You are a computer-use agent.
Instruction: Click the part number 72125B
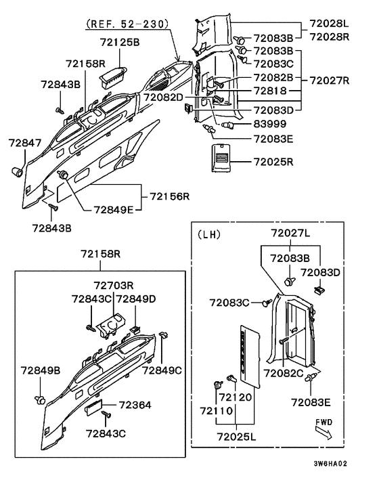(120, 42)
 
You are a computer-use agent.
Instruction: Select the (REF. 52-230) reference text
(127, 24)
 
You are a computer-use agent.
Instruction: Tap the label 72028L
(330, 23)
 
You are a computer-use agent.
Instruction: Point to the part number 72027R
(330, 81)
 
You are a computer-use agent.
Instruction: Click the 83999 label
(270, 124)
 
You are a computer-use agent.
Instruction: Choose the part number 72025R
(273, 162)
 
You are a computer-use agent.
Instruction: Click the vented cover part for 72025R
(221, 158)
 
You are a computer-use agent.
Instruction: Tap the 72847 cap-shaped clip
(17, 171)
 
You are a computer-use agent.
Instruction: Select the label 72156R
(170, 196)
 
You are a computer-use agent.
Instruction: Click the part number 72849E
(113, 210)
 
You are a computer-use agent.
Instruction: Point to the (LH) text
(209, 234)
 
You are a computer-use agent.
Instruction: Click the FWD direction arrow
(324, 433)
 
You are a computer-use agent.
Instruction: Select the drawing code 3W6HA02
(330, 463)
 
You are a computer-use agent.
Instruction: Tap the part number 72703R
(114, 285)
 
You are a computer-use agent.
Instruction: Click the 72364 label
(135, 405)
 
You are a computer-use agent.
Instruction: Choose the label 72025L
(236, 437)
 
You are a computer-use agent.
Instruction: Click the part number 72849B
(41, 370)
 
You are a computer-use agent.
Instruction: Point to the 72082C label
(284, 373)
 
